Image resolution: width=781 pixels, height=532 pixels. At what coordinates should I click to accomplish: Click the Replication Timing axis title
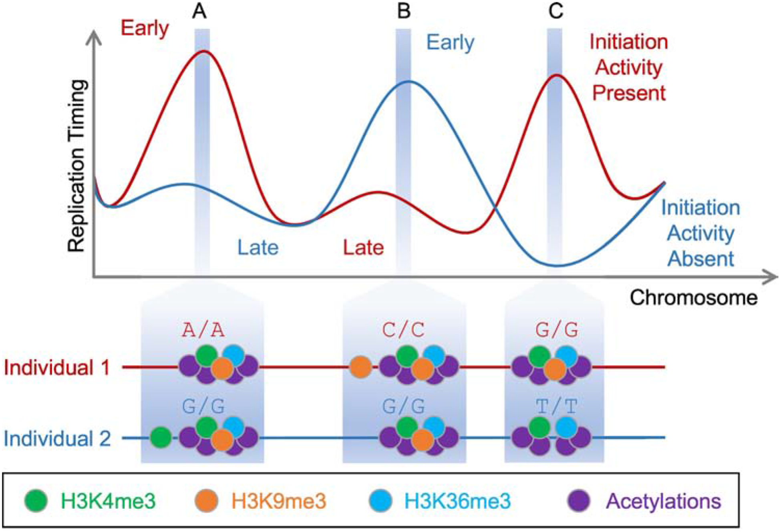click(77, 166)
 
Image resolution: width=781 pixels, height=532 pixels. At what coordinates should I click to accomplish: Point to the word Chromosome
click(693, 298)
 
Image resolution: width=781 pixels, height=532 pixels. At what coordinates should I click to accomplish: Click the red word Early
click(145, 28)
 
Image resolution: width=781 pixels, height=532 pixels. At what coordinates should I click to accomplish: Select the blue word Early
click(450, 42)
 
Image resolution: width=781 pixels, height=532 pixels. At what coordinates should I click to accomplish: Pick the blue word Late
click(258, 247)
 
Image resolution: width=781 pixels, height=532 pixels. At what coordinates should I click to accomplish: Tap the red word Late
click(363, 247)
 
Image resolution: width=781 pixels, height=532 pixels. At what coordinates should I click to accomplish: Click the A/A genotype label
click(203, 330)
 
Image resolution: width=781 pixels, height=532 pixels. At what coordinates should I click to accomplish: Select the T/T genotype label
click(556, 407)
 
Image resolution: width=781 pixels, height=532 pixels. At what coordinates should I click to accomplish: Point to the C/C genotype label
click(403, 330)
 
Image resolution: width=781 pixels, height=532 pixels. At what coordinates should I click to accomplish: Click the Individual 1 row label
click(57, 367)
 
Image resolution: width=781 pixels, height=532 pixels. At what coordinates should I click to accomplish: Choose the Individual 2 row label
click(57, 438)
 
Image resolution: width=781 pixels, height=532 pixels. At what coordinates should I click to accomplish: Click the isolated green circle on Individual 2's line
click(161, 437)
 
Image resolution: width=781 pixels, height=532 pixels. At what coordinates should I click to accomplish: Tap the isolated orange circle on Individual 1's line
click(360, 367)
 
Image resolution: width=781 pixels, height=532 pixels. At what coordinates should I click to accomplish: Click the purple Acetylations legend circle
click(579, 500)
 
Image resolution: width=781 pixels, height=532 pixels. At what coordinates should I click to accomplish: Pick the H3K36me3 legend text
click(457, 501)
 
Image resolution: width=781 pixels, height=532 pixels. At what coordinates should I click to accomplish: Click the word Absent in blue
click(700, 259)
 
